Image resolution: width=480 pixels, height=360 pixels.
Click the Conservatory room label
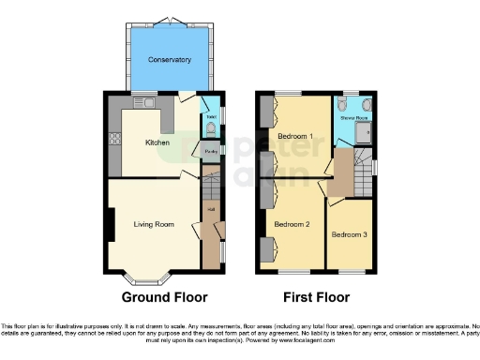(170, 60)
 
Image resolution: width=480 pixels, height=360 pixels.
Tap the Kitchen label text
(157, 142)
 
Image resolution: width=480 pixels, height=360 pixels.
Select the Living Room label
(155, 224)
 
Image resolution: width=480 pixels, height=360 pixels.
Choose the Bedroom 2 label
(292, 224)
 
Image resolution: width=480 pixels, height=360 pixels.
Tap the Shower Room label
(354, 118)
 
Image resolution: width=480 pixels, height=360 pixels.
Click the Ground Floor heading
(164, 297)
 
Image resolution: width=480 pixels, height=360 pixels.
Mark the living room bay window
(149, 277)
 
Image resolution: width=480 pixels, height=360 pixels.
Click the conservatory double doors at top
(170, 20)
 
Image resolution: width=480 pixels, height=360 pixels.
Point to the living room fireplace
(112, 225)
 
